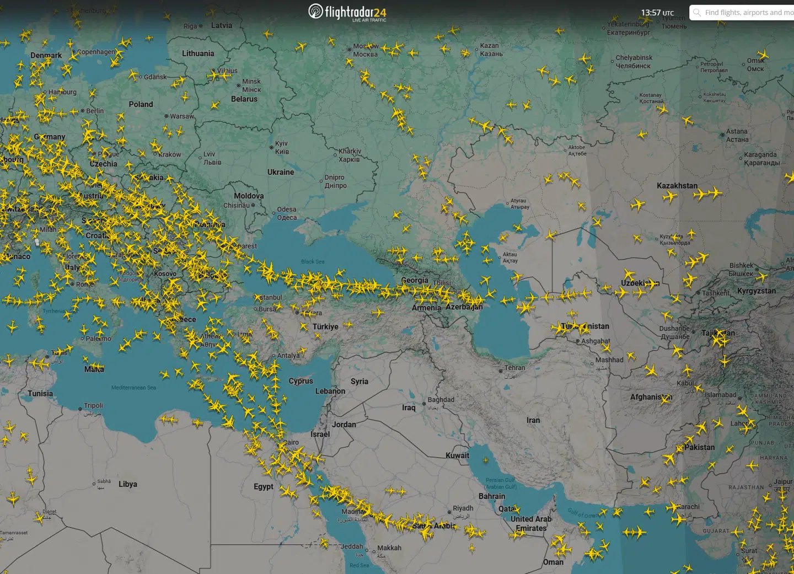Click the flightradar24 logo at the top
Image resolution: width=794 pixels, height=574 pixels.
(347, 12)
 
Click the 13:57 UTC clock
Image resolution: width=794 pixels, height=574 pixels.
(657, 13)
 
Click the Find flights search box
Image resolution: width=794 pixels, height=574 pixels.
(744, 13)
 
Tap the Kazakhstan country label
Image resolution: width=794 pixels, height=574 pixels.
(677, 186)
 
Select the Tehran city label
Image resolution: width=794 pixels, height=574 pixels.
(514, 368)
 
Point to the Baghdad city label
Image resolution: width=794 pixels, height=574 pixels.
(441, 400)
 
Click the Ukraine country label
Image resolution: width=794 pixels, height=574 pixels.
(281, 172)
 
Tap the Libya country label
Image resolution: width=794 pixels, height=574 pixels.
(128, 484)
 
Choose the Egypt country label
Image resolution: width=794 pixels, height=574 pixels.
(264, 486)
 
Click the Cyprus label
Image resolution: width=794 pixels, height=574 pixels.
(301, 381)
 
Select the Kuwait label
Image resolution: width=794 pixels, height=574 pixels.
(457, 455)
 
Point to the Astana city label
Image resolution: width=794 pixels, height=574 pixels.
(737, 132)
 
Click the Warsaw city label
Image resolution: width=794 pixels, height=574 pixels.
(181, 116)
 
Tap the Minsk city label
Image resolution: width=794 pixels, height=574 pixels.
(251, 82)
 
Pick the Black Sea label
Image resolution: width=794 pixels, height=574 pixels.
(313, 261)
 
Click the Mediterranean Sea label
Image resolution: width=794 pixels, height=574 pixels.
(133, 388)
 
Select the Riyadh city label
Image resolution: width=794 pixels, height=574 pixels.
(463, 508)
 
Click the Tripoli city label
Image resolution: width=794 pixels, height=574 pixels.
(93, 406)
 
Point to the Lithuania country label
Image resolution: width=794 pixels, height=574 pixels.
(198, 53)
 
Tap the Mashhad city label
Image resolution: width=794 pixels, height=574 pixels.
(609, 360)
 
